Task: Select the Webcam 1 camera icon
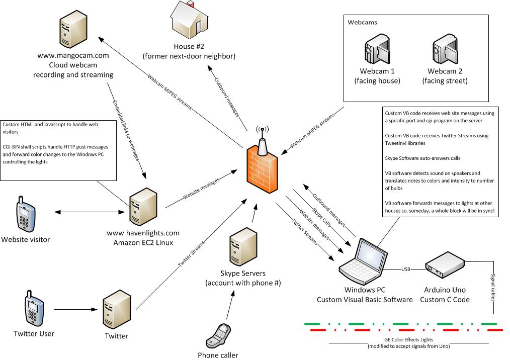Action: click(376, 52)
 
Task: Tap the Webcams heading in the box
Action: click(363, 23)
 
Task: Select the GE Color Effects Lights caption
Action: click(409, 340)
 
